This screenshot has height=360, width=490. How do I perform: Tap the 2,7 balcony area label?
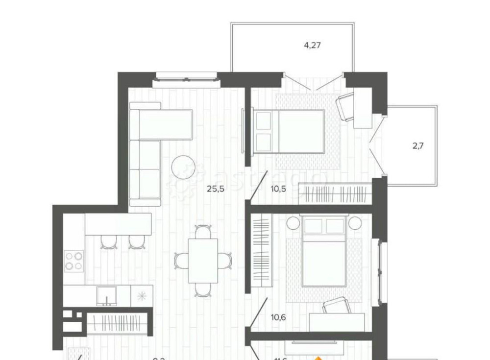coord(418,146)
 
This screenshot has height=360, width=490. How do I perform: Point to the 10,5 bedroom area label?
coord(279,189)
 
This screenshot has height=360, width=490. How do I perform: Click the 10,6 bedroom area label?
coord(278,317)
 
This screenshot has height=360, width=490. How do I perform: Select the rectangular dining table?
coord(202,261)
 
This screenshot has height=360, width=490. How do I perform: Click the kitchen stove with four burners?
coord(74,261)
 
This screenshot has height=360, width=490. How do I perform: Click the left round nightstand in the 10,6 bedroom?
coord(293,223)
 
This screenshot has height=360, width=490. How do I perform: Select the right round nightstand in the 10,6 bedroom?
coord(355,223)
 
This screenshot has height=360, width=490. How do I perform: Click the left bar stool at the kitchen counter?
coord(108,241)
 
